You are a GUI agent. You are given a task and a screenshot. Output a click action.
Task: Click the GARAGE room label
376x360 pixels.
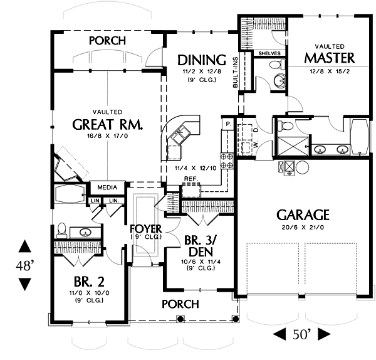(303, 214)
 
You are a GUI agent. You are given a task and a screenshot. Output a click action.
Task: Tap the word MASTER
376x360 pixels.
(330, 58)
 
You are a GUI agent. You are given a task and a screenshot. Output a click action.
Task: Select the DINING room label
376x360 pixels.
(201, 60)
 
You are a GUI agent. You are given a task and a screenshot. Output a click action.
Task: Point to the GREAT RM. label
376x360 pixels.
(108, 124)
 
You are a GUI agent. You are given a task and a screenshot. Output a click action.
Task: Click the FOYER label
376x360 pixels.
(146, 228)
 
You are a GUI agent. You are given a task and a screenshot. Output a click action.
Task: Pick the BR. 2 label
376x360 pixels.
(85, 282)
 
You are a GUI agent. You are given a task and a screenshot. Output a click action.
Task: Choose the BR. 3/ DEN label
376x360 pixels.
(201, 245)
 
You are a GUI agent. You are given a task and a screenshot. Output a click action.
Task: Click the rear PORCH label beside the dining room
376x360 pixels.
(107, 41)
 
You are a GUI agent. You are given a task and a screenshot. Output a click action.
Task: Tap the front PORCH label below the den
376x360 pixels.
(180, 304)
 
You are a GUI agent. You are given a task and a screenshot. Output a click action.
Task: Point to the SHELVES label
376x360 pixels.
(269, 53)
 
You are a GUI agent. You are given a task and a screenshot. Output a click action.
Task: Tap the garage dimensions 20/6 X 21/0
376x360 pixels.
(303, 229)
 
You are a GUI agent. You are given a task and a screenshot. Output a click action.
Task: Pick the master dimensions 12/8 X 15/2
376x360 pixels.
(330, 71)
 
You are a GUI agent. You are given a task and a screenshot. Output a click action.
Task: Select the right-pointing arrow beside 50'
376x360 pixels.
(324, 334)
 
